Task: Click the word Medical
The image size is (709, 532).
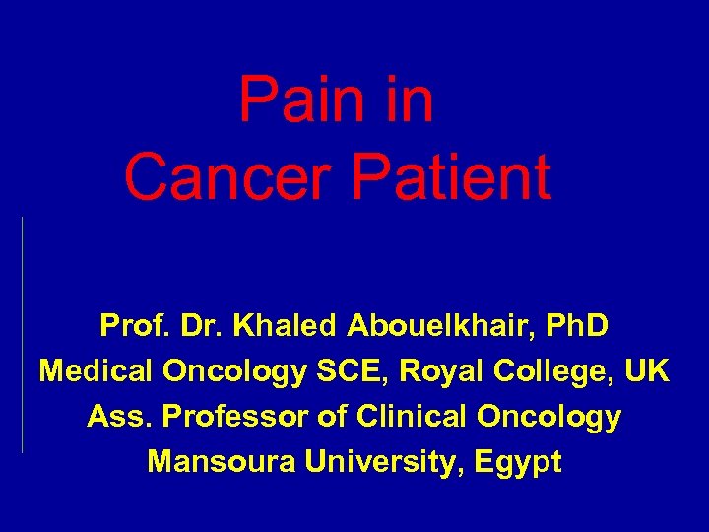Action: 95,371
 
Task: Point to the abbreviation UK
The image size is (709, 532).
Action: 648,371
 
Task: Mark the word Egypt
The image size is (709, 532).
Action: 519,462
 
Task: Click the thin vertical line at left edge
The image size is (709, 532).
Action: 22,335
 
